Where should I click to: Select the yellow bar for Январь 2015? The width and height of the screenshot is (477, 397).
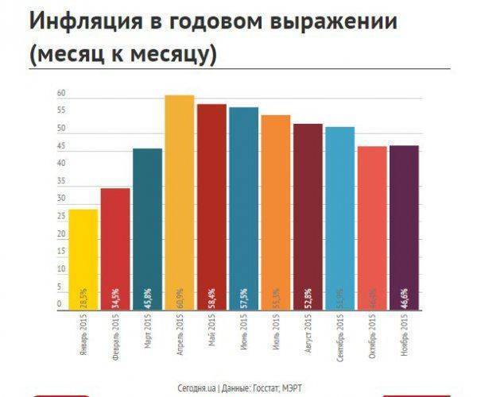(83, 258)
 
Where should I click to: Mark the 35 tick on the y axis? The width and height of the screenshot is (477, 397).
(60, 182)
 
